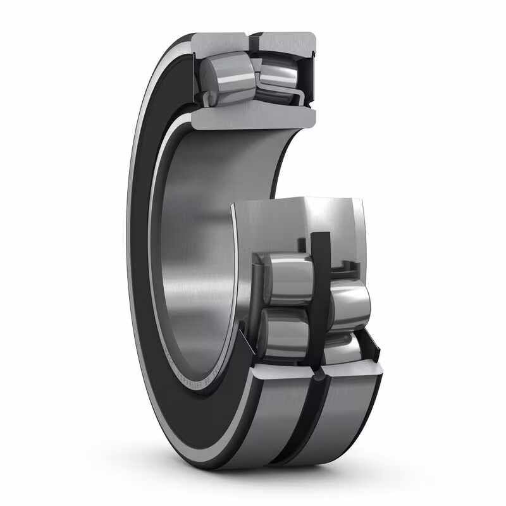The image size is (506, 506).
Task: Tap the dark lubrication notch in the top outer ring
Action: coord(253,42)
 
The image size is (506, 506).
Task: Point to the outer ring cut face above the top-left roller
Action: coord(218,41)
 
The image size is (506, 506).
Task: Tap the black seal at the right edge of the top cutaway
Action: coord(310,70)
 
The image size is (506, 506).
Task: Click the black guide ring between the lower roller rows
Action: coord(320,278)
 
